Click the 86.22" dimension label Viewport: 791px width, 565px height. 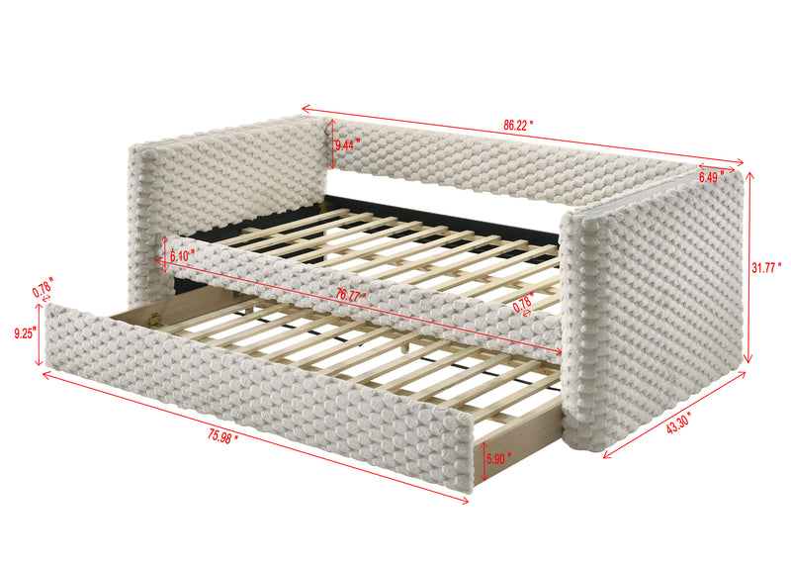coord(518,127)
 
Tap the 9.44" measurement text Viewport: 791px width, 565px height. coord(348,144)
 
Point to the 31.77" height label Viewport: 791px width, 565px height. coord(766,266)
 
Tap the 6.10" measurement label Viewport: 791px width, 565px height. coord(183,255)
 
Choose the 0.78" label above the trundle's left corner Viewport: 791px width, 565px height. coord(43,291)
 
